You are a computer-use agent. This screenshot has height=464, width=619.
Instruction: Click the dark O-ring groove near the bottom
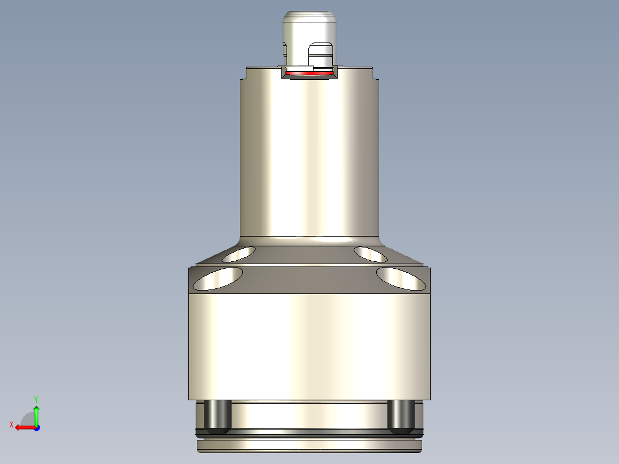tap(310, 431)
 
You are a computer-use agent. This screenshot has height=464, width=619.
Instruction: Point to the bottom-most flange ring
tap(310, 444)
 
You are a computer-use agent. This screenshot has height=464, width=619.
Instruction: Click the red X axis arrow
tap(23, 427)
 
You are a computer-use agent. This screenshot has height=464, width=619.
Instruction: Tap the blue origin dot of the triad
tap(36, 427)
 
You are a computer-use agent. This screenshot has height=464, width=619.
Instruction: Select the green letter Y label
tap(36, 398)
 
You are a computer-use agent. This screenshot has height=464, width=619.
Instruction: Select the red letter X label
tap(11, 424)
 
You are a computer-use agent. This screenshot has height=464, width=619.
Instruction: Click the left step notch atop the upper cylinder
tap(243, 74)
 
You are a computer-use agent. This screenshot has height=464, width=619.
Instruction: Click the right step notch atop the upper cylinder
tap(376, 74)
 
